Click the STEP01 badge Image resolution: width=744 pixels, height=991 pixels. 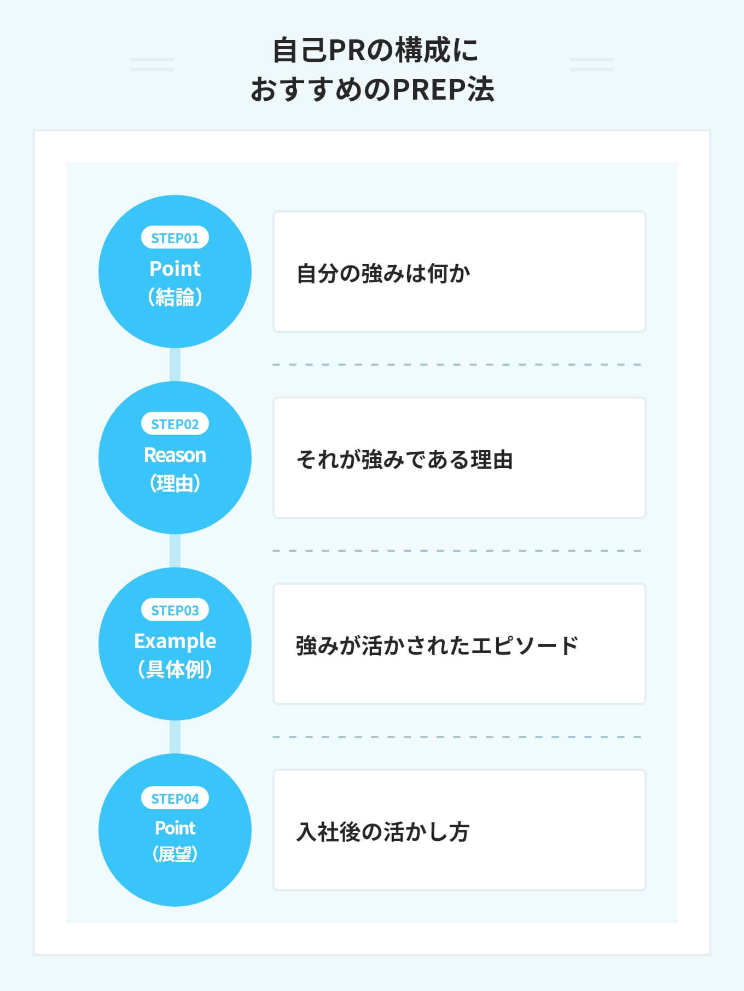coord(175,238)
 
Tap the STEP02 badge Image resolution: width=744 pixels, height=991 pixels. coord(175,424)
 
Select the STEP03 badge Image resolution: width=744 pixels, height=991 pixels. coord(175,610)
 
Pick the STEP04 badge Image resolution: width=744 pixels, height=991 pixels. coord(175,798)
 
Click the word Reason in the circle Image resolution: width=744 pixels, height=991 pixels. coord(175,455)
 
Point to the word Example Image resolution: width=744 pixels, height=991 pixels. coord(175,641)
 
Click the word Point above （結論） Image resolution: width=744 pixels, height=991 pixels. coord(175,269)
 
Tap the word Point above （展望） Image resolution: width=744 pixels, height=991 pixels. coord(175,828)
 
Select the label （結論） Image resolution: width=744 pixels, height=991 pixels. coord(175,297)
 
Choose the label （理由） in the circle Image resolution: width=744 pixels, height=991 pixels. coord(175,483)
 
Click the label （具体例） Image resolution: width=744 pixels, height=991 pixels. coord(175,670)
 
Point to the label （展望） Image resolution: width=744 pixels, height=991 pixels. coord(175,854)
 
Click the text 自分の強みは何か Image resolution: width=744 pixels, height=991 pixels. coord(383,273)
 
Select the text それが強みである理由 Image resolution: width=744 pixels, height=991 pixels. coord(405,459)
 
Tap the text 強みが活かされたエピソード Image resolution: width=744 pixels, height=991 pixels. coord(437,646)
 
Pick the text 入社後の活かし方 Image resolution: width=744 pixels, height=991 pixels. coord(383,832)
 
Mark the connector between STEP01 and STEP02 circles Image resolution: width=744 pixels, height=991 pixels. coord(175,365)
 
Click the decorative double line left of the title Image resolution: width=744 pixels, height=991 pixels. coord(153,65)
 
